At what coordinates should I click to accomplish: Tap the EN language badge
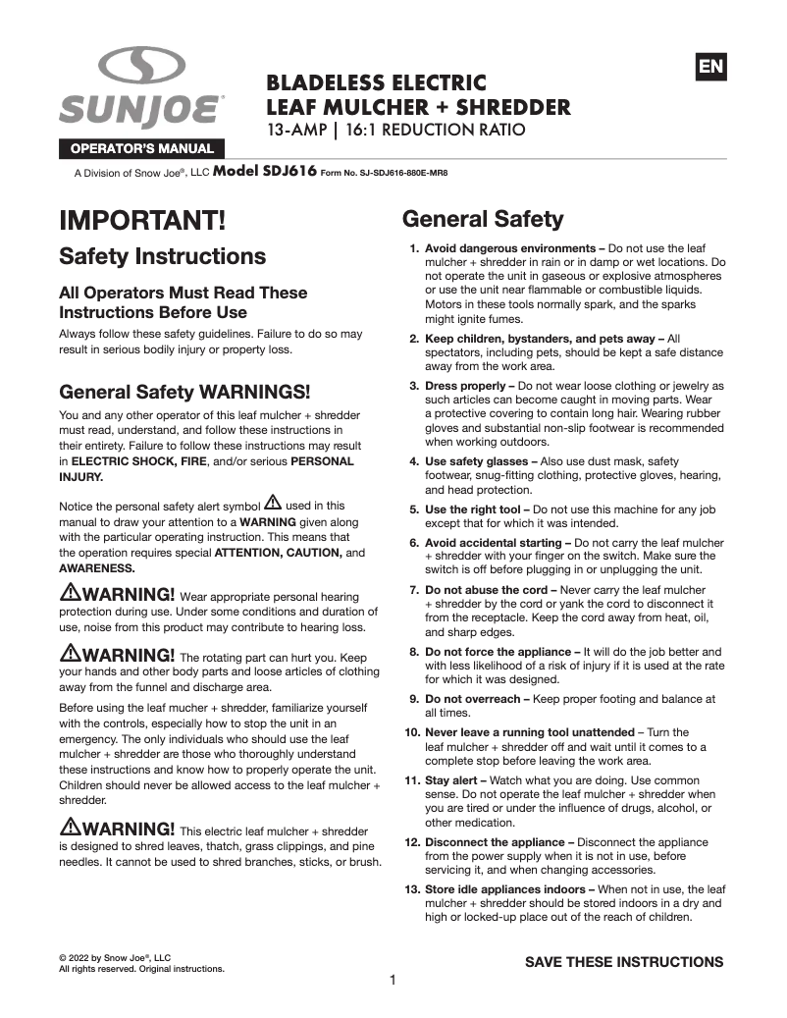[710, 67]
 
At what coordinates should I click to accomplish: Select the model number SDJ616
[264, 171]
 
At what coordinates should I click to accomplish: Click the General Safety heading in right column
[483, 218]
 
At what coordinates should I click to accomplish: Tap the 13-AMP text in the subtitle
[298, 130]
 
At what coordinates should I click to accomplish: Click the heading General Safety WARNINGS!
[184, 391]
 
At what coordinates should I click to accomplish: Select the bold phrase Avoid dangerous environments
[511, 249]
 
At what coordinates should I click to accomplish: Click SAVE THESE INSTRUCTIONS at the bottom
[624, 962]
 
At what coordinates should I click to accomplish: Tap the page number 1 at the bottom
[393, 980]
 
